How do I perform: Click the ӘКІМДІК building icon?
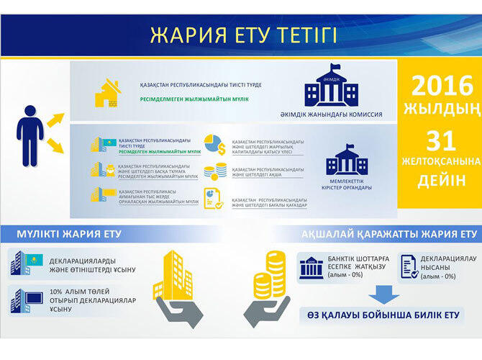pos(331,85)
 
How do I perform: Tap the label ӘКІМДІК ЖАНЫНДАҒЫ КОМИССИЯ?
pos(330,114)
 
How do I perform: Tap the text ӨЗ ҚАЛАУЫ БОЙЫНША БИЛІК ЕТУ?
pos(381,315)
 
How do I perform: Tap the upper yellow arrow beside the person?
pos(55,120)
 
